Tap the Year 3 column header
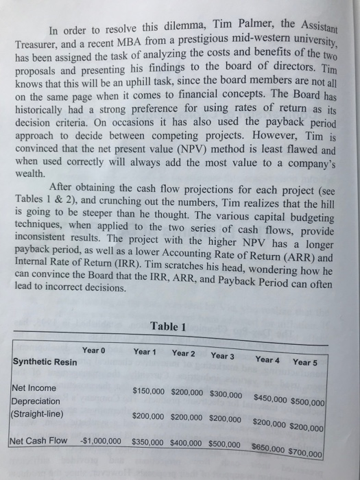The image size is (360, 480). point(222,356)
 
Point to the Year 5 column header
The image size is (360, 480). point(304,362)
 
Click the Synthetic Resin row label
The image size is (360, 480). point(45,361)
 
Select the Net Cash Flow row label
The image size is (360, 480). point(40,440)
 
